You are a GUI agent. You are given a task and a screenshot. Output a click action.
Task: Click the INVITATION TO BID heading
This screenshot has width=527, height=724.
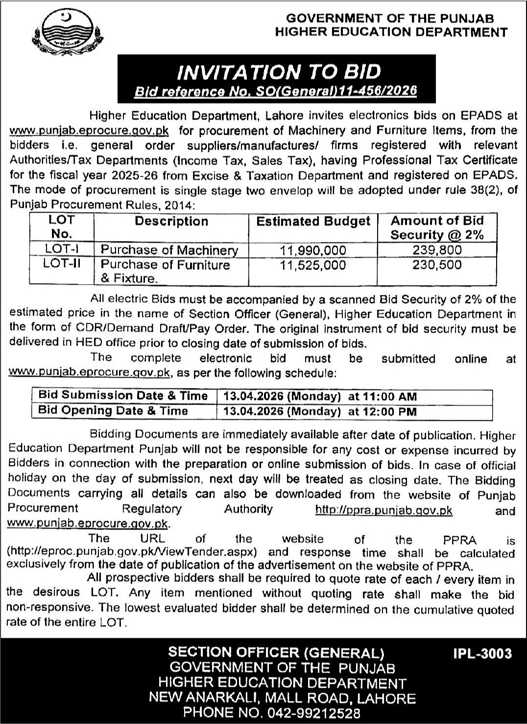pyautogui.click(x=279, y=72)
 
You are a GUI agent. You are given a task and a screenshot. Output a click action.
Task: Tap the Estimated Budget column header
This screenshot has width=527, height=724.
pyautogui.click(x=313, y=221)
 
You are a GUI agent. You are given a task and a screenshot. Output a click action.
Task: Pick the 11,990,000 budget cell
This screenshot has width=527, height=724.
pyautogui.click(x=313, y=250)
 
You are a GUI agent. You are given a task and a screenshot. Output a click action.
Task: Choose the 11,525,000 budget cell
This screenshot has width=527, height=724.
pyautogui.click(x=313, y=265)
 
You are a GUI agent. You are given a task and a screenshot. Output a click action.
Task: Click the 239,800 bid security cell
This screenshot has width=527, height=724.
pyautogui.click(x=437, y=250)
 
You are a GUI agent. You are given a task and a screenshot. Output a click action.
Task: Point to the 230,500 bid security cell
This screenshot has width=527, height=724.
pyautogui.click(x=437, y=265)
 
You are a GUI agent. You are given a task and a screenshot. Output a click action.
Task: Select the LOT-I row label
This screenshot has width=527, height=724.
pyautogui.click(x=62, y=249)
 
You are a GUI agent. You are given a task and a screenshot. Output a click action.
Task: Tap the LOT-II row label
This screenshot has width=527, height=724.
pyautogui.click(x=62, y=264)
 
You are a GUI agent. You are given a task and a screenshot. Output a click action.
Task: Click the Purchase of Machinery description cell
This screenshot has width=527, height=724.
pyautogui.click(x=169, y=250)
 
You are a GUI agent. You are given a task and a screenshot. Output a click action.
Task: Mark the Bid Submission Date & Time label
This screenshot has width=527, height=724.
pyautogui.click(x=123, y=395)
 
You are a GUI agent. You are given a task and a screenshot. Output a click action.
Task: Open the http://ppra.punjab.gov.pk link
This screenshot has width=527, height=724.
pyautogui.click(x=383, y=510)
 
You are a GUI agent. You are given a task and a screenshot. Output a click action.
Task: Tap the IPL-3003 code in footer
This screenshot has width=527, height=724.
pyautogui.click(x=481, y=653)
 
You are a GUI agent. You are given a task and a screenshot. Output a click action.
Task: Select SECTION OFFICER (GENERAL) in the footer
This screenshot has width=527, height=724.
pyautogui.click(x=276, y=652)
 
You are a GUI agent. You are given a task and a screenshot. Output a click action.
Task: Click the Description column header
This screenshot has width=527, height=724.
pyautogui.click(x=171, y=221)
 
